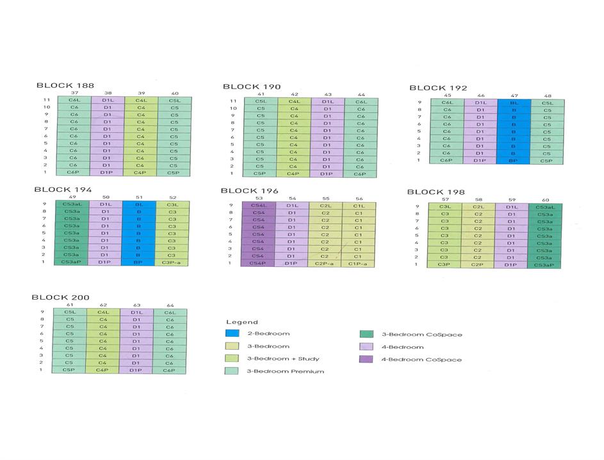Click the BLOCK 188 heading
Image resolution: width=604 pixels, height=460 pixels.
pos(65,85)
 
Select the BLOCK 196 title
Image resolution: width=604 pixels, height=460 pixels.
pos(250,191)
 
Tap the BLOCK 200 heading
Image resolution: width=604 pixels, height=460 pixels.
pos(61,297)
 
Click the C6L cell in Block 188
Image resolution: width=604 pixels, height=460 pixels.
pos(74,100)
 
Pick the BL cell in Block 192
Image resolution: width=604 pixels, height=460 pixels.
pos(514,103)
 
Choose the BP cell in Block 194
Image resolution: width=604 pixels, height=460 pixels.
pos(138,262)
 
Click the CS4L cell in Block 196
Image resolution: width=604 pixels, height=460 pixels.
pos(259,205)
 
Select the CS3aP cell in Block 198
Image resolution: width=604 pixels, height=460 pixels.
pos(544,264)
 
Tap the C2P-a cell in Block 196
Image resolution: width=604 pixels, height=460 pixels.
pos(325,263)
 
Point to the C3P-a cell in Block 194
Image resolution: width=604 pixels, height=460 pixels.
pos(172,262)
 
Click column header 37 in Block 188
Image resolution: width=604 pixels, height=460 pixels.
pos(74,93)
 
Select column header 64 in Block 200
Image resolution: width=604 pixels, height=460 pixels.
pos(170,305)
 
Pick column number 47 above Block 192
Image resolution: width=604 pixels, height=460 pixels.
pos(514,96)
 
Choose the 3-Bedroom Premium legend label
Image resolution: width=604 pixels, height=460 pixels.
pos(285,371)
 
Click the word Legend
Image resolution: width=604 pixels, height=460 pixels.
pos(242,321)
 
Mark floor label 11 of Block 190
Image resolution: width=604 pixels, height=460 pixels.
pos(233,101)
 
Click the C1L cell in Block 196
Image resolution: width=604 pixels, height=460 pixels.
pos(359,205)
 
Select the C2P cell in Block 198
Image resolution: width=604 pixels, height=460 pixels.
pos(478,264)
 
